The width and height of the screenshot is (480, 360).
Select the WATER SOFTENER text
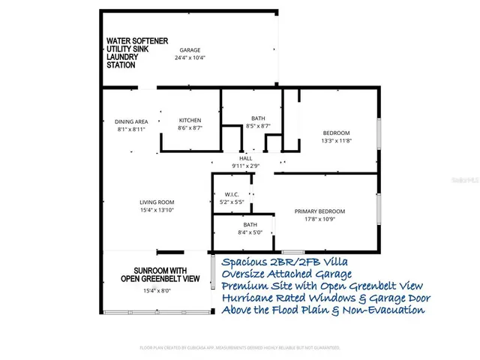tap(136, 40)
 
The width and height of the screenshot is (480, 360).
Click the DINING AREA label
tap(130, 121)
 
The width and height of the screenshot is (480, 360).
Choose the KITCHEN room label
tap(190, 121)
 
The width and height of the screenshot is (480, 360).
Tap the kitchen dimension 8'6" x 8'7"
tap(190, 128)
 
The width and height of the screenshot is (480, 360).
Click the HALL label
tap(245, 158)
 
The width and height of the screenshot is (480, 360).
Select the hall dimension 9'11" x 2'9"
tap(245, 166)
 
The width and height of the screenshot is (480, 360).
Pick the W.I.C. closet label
tap(231, 194)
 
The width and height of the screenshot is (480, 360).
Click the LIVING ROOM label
tap(157, 202)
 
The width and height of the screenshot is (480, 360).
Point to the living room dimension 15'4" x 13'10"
tap(157, 210)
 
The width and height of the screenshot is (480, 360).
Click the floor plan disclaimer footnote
tap(240, 348)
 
